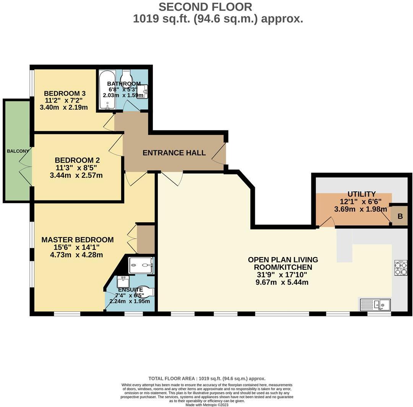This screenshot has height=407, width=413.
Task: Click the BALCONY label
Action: (18, 151)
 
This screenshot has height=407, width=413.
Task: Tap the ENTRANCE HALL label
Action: (174, 153)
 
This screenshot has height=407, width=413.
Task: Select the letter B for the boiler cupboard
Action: (400, 217)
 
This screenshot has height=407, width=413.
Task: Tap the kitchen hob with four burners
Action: (401, 267)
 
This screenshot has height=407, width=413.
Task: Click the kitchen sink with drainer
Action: (375, 304)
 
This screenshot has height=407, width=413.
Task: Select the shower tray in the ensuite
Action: (141, 265)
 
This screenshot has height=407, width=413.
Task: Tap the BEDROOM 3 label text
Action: (65, 93)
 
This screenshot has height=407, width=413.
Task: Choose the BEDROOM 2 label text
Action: (74, 160)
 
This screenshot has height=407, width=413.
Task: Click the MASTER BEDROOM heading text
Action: (78, 240)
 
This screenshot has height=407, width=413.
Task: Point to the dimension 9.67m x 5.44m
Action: (282, 283)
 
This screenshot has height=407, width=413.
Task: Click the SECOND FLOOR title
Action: (205, 7)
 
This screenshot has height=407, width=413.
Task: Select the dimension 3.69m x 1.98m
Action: (360, 209)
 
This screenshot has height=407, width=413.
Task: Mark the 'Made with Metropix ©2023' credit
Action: (207, 405)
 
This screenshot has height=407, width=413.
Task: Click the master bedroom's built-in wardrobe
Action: (146, 239)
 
